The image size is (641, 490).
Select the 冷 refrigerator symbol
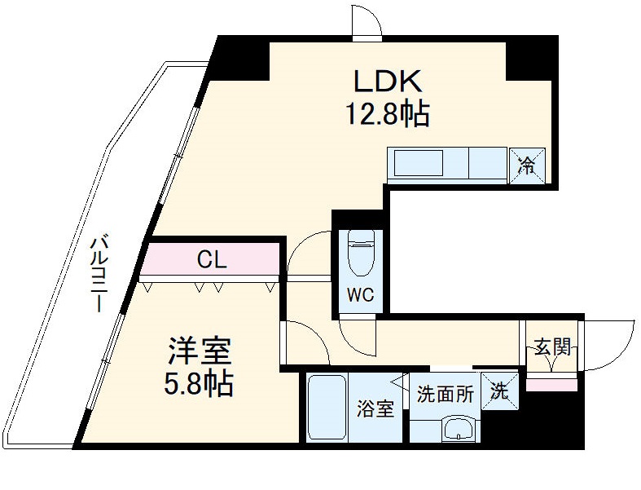pos(527,165)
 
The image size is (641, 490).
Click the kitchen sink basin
pos(419,164)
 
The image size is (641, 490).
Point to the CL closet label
pos(211,261)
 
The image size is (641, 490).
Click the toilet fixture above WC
pos(361,254)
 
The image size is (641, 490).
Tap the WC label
pos(361,296)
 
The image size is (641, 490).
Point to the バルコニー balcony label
pos(99,274)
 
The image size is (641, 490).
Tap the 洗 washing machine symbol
pos(498,390)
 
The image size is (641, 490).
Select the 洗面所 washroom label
pos(445,395)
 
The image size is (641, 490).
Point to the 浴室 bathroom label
pos(375,408)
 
